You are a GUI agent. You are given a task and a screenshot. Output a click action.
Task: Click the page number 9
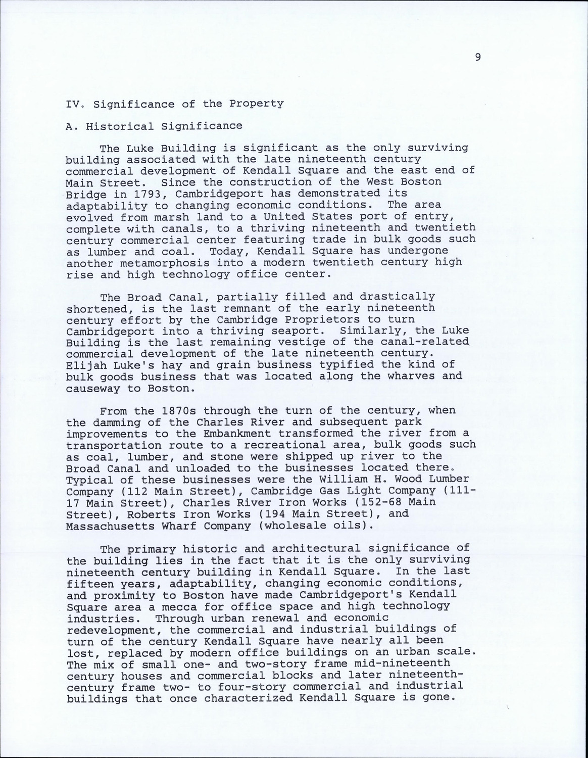point(478,57)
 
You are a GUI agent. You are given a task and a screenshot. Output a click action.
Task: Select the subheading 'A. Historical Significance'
point(154,126)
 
